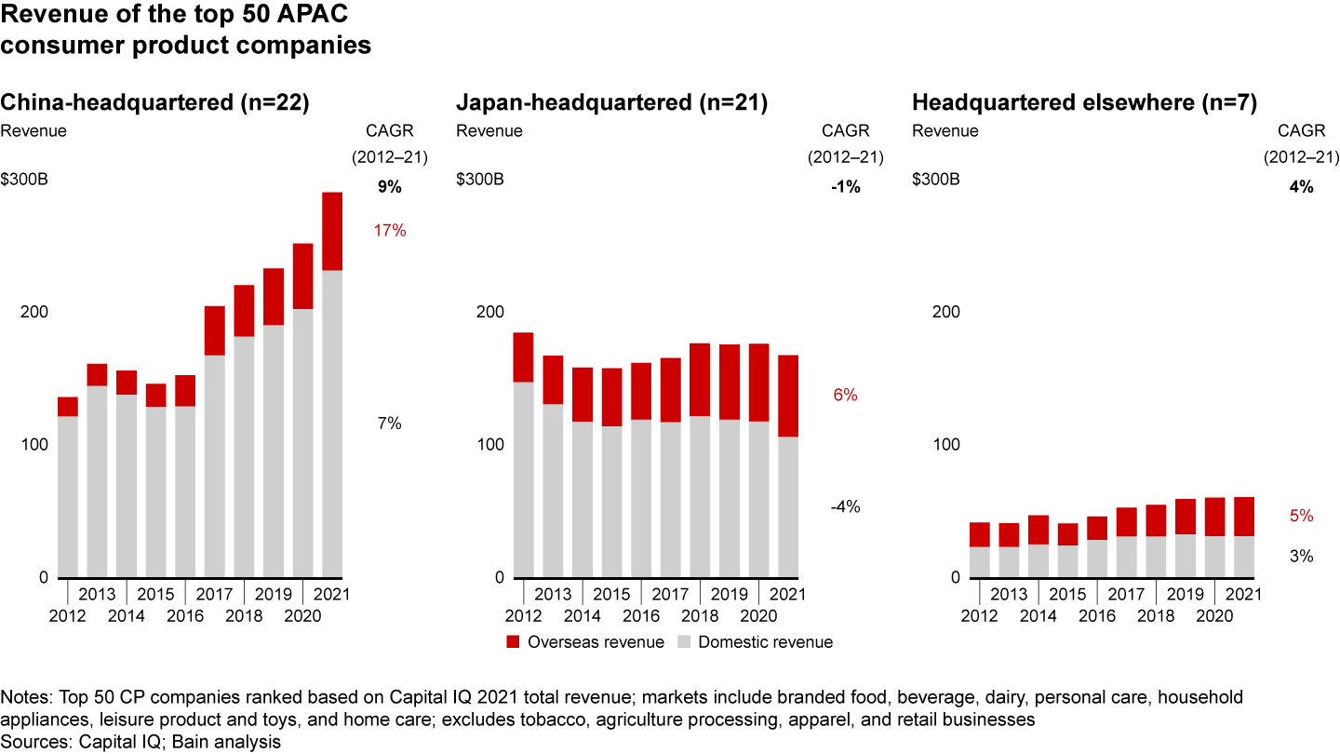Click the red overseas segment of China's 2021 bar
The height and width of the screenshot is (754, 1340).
coord(332,231)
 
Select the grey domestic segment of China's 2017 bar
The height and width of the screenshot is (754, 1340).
coord(215,465)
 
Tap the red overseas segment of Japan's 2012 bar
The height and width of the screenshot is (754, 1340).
coord(523,357)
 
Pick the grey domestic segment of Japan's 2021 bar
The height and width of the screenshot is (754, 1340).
coord(787,506)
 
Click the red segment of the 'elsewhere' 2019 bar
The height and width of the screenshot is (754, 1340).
coord(1185,517)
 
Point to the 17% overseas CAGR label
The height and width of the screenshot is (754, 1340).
coord(391,230)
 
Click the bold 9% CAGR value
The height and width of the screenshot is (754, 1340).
coord(389,187)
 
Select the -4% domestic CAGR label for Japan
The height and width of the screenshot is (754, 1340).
coord(845,507)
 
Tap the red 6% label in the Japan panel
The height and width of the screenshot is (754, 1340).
coord(845,395)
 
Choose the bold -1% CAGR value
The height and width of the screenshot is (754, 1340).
coord(845,187)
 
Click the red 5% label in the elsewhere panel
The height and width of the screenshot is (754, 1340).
coord(1301,516)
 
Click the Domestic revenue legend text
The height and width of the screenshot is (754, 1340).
coord(765,641)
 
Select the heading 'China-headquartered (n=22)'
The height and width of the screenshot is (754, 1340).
coord(154,103)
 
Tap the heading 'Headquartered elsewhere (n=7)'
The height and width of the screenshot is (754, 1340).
coord(1084,103)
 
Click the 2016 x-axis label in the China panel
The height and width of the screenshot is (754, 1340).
coord(184,615)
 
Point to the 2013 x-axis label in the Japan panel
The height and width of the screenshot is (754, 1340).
coord(553,594)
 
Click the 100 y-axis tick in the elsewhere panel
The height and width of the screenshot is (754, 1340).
coord(945,444)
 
